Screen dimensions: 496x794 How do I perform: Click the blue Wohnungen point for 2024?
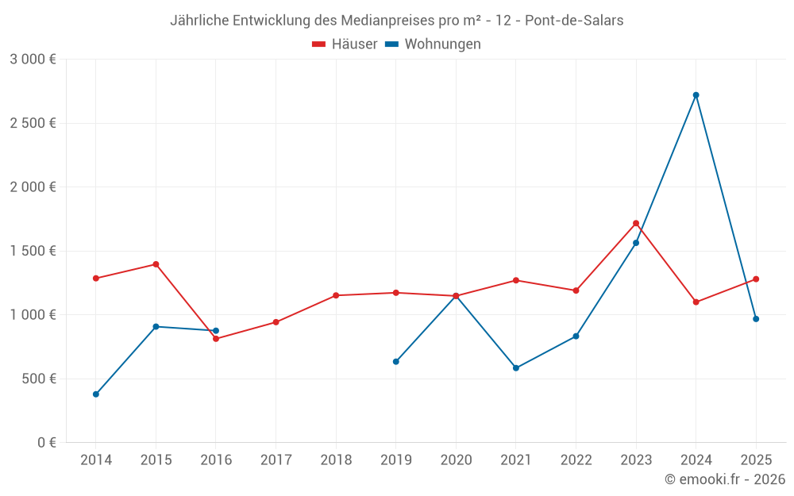[x=696, y=95]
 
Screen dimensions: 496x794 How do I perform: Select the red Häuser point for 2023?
[x=636, y=223]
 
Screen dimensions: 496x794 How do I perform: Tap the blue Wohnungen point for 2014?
[x=96, y=394]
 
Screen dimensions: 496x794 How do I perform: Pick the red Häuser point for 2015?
[x=156, y=264]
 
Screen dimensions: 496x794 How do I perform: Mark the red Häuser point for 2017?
[x=276, y=322]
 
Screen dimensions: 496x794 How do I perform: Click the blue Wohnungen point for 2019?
[x=396, y=362]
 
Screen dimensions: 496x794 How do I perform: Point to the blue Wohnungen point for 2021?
[x=516, y=368]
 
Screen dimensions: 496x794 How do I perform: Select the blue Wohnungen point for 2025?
[x=756, y=319]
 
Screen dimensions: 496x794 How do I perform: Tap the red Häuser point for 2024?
[x=696, y=302]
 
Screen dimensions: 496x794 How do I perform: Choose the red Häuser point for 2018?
[x=336, y=295]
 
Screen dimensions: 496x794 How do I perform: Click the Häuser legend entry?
[x=345, y=44]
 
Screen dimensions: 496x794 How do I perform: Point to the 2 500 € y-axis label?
[x=33, y=123]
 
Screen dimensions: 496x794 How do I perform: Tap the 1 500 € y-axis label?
[x=33, y=251]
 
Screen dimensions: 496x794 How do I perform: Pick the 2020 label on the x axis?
[x=456, y=460]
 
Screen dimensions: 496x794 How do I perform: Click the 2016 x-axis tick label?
[x=216, y=460]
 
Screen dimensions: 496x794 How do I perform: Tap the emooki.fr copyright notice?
[x=725, y=479]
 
